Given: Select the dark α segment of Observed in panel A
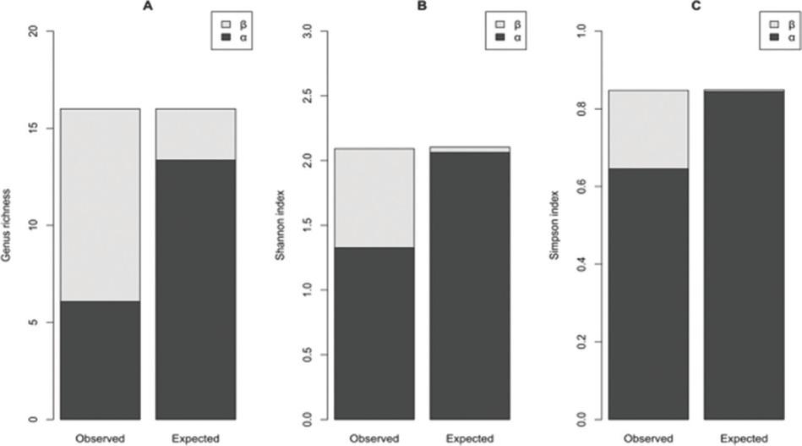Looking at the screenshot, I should (100, 360).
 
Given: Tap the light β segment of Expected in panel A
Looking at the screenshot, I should (195, 134).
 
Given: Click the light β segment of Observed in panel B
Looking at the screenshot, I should (374, 198).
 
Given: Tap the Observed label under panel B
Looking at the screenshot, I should (374, 438).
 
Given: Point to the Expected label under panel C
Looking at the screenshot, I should (744, 438).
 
